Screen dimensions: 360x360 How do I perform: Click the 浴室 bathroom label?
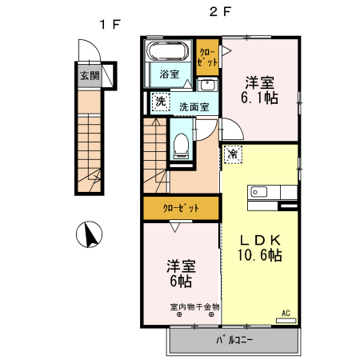coord(169,74)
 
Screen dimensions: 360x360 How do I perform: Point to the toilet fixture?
coord(181,146)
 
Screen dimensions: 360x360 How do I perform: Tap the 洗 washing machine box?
coord(159,102)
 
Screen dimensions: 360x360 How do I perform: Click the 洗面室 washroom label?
coord(194,106)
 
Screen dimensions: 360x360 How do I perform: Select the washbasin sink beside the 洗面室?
coord(207,85)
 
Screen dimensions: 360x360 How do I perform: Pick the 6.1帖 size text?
coord(262,98)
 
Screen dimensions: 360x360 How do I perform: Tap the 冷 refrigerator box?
coord(233,152)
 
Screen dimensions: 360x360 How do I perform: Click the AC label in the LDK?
coord(285,312)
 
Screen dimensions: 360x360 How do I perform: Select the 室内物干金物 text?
coord(194,306)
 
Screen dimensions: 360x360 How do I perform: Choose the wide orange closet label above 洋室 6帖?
coord(181,208)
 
